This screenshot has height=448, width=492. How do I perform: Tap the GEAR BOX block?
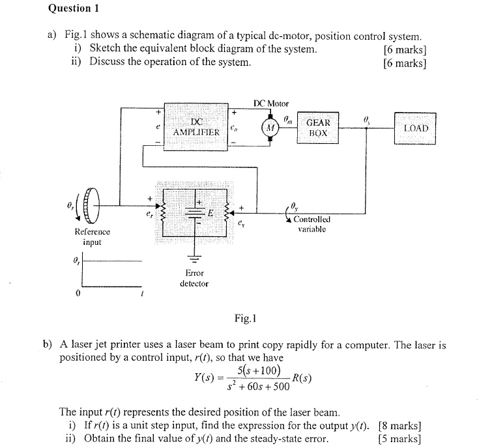(x=318, y=127)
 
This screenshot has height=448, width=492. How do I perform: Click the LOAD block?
(x=416, y=128)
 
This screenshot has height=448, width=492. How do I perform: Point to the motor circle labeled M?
(x=270, y=128)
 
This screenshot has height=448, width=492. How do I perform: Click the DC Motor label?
(x=271, y=104)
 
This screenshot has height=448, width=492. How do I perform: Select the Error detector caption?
(x=194, y=278)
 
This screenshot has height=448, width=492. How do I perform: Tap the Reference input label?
(x=93, y=236)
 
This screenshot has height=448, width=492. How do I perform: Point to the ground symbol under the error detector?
(x=194, y=258)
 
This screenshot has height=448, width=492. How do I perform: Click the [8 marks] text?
(x=401, y=427)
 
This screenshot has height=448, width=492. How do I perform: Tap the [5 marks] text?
(x=401, y=439)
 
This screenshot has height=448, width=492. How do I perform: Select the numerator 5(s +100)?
(x=259, y=371)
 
